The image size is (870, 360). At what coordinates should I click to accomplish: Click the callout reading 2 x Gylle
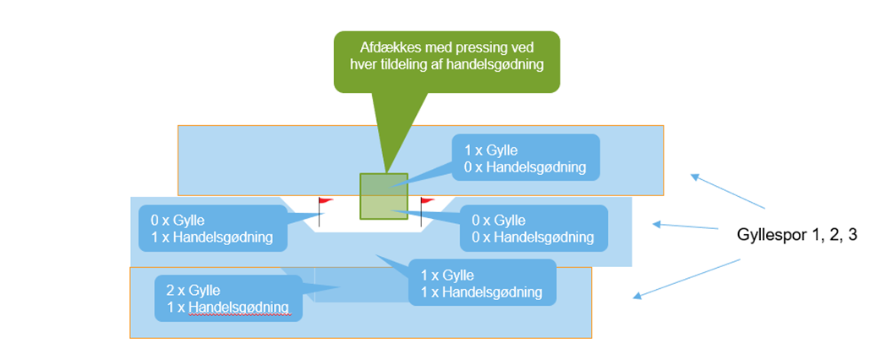(227, 297)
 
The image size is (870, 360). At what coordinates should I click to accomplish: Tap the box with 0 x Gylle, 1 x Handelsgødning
(212, 228)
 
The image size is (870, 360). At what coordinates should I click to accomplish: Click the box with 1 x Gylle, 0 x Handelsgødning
(526, 158)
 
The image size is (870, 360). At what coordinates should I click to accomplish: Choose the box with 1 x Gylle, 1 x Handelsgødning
(481, 283)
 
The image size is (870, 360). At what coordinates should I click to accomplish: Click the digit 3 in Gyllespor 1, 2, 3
(853, 236)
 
